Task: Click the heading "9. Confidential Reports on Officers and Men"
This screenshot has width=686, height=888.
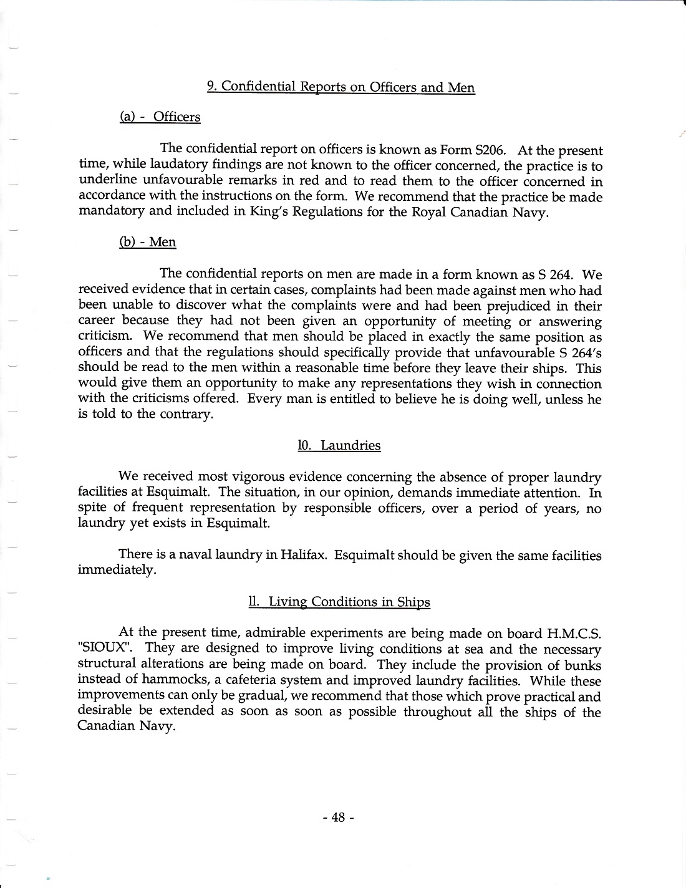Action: (341, 87)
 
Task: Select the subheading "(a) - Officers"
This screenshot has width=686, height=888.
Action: (160, 117)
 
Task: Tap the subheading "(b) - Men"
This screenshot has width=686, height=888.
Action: (147, 242)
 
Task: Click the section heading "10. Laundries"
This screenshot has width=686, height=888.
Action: (339, 445)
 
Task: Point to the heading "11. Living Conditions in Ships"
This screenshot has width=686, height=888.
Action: (339, 602)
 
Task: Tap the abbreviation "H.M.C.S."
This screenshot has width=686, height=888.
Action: (574, 634)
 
